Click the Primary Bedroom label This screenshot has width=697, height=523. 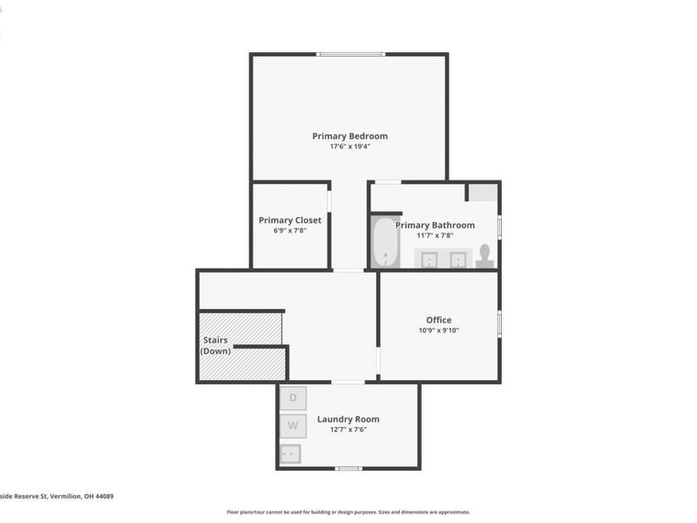click(x=349, y=136)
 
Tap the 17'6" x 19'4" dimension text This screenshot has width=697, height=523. click(x=349, y=146)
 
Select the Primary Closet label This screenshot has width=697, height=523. click(x=290, y=221)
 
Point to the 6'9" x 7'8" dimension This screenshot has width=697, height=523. click(x=290, y=231)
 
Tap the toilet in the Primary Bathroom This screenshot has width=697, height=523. click(x=485, y=255)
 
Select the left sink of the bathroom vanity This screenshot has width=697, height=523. click(x=430, y=259)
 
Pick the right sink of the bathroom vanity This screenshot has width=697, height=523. click(x=457, y=259)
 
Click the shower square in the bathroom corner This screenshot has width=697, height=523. click(x=484, y=193)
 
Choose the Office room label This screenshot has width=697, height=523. click(x=438, y=320)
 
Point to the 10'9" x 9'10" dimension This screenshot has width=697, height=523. click(x=438, y=330)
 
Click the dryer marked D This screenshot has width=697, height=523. click(x=294, y=398)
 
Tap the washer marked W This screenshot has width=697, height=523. click(x=294, y=426)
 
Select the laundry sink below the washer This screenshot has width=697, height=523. click(x=291, y=453)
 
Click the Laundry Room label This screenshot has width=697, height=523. click(x=348, y=419)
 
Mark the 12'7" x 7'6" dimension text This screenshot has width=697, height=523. click(x=348, y=430)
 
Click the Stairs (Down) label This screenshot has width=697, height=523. click(x=216, y=345)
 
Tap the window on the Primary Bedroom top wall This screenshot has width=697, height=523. click(x=350, y=54)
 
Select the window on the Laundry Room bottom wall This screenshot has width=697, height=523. click(x=348, y=469)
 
